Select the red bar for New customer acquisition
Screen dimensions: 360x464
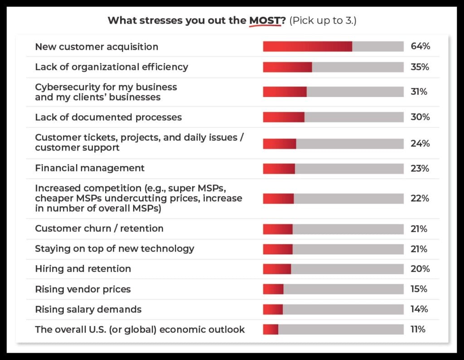(307, 46)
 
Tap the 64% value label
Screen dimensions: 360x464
(420, 46)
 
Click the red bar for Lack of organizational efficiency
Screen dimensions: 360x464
(287, 67)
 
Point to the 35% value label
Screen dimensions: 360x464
(420, 67)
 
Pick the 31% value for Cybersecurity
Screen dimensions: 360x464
(419, 92)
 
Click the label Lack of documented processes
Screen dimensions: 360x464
(108, 117)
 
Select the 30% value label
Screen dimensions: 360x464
(420, 117)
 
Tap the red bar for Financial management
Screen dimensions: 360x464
(279, 169)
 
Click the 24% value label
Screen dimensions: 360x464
(420, 144)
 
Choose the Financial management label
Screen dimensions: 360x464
(90, 168)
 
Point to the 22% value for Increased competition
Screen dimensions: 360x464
(419, 199)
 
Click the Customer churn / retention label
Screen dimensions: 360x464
(99, 229)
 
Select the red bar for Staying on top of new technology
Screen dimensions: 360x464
(278, 249)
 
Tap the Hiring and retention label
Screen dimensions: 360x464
(83, 269)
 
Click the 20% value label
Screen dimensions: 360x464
(420, 269)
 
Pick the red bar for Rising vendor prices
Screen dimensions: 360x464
(273, 289)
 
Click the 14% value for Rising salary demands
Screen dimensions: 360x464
(419, 309)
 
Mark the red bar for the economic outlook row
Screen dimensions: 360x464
(271, 330)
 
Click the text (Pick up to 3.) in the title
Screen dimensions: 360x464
(322, 21)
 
